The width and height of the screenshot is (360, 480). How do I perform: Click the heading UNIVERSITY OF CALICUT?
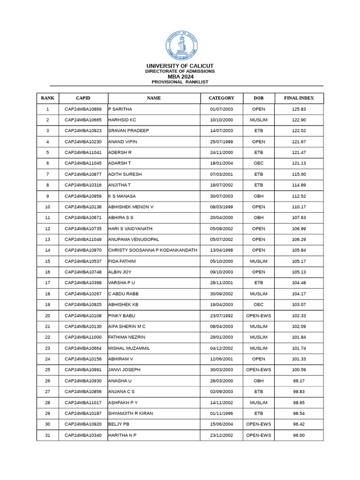click(x=180, y=66)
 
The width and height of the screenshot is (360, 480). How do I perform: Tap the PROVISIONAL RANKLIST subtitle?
click(x=180, y=82)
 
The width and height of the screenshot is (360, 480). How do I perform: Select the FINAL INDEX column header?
click(x=299, y=98)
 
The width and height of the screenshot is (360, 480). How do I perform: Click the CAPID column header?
click(x=83, y=98)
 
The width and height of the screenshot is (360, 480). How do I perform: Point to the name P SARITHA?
click(x=120, y=109)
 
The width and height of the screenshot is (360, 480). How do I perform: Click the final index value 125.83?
click(x=299, y=109)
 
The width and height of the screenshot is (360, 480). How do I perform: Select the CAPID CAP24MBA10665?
click(x=83, y=120)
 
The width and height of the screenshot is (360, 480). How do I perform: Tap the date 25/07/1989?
click(x=221, y=142)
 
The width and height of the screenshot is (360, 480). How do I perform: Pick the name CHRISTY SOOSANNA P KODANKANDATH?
click(x=153, y=250)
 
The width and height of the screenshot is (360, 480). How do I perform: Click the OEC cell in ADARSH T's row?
click(x=258, y=163)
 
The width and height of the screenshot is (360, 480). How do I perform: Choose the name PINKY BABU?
click(x=122, y=316)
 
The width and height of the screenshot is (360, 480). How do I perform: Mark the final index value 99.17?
click(x=299, y=381)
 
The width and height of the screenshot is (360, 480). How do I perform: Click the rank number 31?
click(x=47, y=435)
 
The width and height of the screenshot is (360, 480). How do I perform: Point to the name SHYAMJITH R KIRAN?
click(x=131, y=413)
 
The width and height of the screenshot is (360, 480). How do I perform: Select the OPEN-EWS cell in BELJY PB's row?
click(x=258, y=424)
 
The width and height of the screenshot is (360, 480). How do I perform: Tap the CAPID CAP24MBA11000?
click(x=83, y=337)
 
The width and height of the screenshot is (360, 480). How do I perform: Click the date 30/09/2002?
click(x=221, y=294)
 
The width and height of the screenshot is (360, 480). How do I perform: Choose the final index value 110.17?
click(x=299, y=207)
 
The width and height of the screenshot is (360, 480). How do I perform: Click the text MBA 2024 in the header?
click(x=180, y=76)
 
